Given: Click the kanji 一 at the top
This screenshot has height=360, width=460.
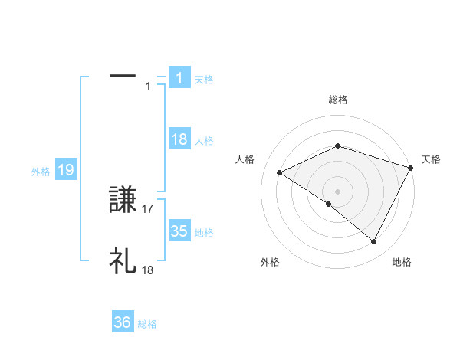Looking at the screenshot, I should [123, 76].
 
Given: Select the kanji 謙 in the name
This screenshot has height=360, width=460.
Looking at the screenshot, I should [123, 201].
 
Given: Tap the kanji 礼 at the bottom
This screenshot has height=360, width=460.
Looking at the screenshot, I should [123, 261].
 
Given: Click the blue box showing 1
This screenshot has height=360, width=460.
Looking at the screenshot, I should [179, 78].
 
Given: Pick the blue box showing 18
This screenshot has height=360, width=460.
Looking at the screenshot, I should [179, 139].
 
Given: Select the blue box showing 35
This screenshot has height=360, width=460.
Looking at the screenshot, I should [179, 231].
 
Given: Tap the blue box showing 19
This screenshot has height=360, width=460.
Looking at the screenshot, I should [65, 170].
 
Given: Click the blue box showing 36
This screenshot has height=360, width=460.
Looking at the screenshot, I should [123, 323].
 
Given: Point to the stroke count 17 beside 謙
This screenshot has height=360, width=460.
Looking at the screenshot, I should [148, 208].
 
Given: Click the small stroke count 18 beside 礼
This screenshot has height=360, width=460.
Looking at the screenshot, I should [148, 270].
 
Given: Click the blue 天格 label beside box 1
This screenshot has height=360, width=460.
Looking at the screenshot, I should [204, 79].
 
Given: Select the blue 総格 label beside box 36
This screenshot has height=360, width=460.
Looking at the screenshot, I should [147, 324].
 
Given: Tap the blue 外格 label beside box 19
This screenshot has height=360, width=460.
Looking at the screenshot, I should [41, 172].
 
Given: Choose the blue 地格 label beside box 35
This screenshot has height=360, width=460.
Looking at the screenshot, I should [204, 233].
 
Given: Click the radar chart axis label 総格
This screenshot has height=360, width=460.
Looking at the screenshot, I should [338, 100].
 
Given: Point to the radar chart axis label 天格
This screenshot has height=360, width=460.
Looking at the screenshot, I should [431, 159].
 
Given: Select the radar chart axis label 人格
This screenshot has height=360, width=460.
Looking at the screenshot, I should [245, 159].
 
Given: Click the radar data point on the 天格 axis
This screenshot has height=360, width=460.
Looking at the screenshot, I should [412, 166].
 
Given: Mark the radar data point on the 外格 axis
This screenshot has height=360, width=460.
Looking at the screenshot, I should [329, 204].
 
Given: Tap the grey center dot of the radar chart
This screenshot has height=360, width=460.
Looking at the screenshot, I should [337, 191].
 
